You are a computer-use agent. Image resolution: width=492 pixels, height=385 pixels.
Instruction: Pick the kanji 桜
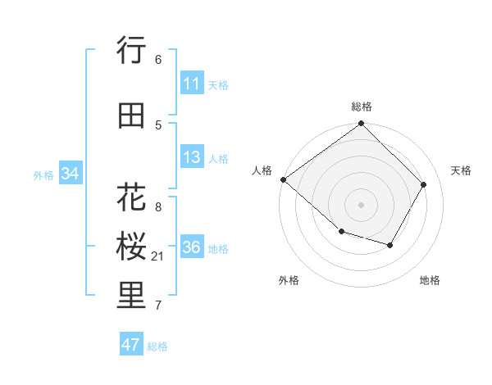132,247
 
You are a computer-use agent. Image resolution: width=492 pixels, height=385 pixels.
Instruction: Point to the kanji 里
132,296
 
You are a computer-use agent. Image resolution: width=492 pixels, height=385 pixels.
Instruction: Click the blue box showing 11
191,84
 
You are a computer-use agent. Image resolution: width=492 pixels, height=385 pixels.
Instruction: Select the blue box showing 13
191,157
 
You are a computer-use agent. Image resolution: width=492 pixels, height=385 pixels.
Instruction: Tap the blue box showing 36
191,247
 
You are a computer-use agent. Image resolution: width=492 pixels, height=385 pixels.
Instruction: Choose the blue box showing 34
70,174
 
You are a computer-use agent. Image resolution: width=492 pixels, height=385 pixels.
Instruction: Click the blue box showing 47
130,345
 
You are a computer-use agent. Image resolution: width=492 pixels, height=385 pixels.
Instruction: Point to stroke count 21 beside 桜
158,256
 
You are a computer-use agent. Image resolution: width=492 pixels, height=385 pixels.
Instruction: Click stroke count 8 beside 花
158,207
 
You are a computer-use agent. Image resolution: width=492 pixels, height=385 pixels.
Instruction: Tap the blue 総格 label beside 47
157,346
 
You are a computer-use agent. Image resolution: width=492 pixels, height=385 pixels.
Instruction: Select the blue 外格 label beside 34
43,174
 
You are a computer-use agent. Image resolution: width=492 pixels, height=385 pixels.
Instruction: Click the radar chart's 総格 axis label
362,106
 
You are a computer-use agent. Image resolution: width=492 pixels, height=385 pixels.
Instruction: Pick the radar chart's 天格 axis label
461,170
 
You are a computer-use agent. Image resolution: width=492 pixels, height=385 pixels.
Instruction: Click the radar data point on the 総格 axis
362,125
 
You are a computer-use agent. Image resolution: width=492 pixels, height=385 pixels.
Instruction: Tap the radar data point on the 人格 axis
283,179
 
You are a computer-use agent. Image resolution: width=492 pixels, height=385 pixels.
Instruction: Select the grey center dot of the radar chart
362,205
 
